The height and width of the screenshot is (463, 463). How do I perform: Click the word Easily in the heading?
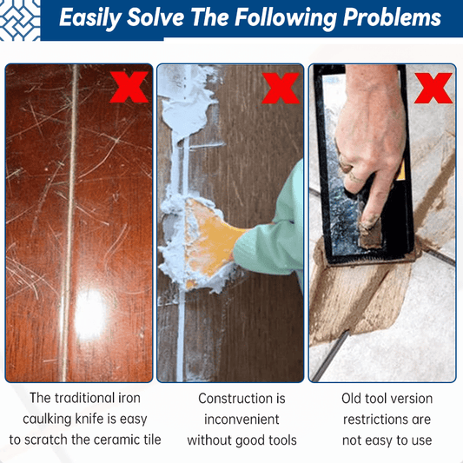coord(90,17)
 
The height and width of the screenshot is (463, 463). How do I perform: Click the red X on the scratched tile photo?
coord(129,87)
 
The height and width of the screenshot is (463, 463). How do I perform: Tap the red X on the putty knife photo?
coord(281,88)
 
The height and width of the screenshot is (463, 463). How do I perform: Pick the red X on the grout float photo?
coord(433,88)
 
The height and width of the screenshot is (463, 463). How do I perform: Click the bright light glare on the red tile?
coord(89,314)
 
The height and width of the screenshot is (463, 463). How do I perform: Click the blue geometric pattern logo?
coord(20,20)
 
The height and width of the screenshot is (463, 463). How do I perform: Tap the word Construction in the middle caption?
coord(235,399)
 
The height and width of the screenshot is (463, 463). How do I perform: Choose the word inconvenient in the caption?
coord(241,420)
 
